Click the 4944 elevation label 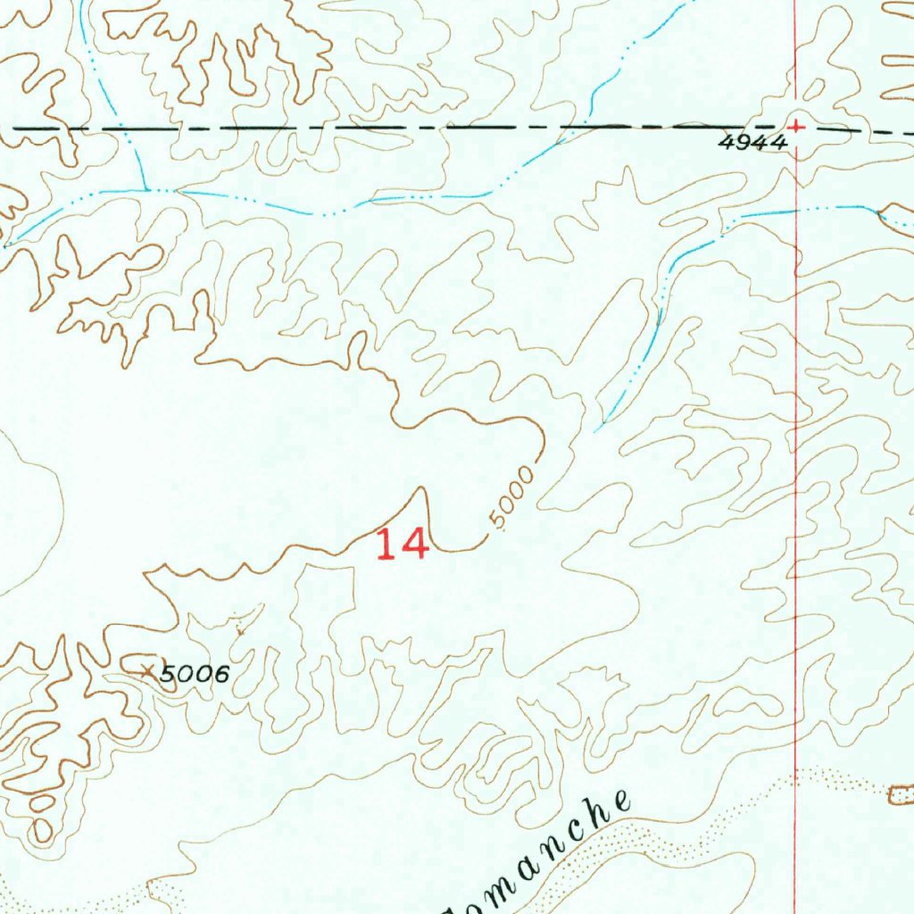(x=753, y=142)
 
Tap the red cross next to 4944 (x=796, y=127)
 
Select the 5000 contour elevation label (x=511, y=496)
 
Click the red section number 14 (x=402, y=544)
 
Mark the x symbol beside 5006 (x=148, y=669)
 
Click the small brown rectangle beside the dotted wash (x=902, y=794)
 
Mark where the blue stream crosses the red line (x=795, y=209)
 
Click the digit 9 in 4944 (x=741, y=142)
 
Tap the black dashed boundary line (x=357, y=129)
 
